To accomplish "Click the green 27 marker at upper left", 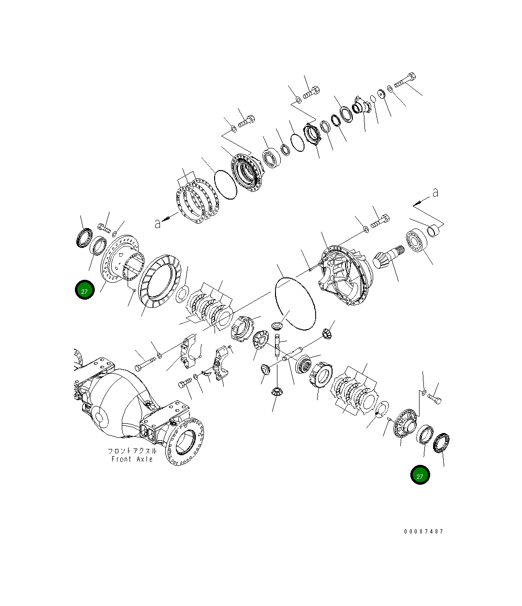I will coord(85,290).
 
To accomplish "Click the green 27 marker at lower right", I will coord(420,475).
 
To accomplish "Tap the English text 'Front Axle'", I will coord(132,459).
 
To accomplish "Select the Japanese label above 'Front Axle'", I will coord(132,450).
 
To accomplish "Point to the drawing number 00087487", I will coord(423,532).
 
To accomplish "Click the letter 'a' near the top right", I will coord(435,193).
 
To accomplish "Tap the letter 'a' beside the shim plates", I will coord(157,223).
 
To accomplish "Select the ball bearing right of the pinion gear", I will coord(415,240).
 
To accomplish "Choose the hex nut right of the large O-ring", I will coord(327,332).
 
